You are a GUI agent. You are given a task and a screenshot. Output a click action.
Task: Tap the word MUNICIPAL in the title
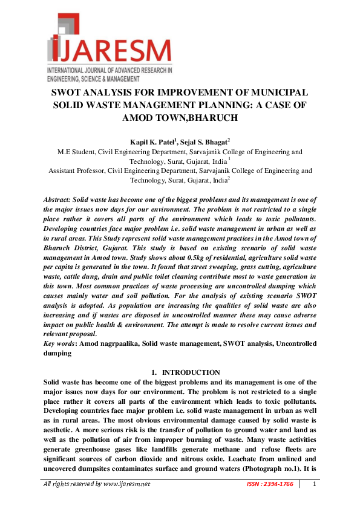278,92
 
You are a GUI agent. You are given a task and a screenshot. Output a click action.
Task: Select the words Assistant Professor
76,171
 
